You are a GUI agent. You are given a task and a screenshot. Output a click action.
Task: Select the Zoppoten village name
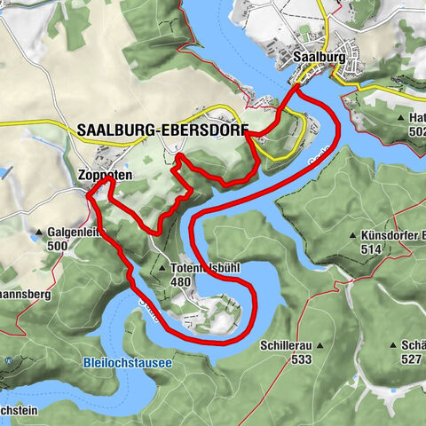[x=105, y=176]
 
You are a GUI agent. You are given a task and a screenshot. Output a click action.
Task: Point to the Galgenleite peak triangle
[x=40, y=234]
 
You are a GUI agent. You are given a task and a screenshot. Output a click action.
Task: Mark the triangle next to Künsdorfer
[x=354, y=236]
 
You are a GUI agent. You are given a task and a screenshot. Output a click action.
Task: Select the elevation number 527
[x=409, y=359]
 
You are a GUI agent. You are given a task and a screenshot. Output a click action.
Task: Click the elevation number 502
[x=417, y=130]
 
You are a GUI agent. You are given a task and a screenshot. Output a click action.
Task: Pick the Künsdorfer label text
[x=394, y=236]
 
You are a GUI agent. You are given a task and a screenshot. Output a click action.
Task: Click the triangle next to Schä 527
[x=390, y=346]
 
